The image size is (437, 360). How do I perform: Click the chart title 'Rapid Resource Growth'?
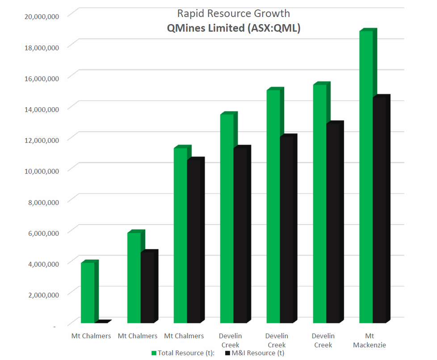click(233, 13)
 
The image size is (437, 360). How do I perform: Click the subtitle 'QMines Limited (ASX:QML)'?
click(233, 28)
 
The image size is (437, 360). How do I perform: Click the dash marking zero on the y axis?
click(55, 327)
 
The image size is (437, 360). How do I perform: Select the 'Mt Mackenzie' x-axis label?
click(369, 340)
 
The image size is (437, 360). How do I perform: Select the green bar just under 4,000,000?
click(88, 293)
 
